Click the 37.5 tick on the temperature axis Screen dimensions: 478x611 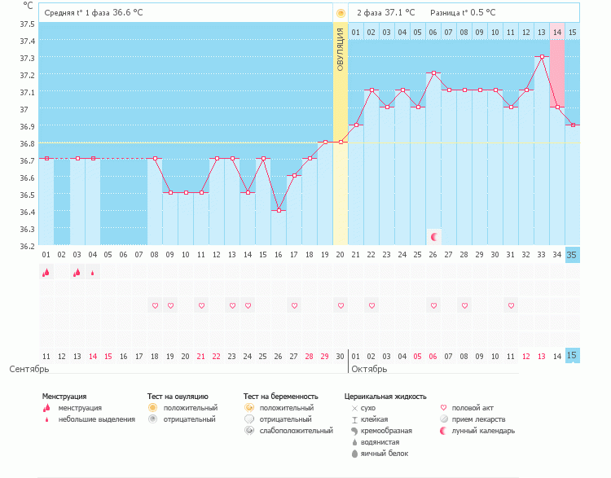[x=28, y=24]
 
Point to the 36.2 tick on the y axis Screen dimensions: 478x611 [x=28, y=246]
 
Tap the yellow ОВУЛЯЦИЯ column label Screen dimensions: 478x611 [x=341, y=49]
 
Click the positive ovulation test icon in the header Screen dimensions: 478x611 [x=341, y=13]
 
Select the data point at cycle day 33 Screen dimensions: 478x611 [x=542, y=56]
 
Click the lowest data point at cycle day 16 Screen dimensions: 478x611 [x=279, y=211]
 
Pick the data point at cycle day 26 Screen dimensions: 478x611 [x=433, y=73]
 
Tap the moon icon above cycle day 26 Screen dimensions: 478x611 [x=434, y=237]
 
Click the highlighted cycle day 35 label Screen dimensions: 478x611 [x=573, y=255]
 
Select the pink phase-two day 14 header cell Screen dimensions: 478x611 [x=557, y=32]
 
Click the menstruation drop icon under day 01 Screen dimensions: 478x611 [x=46, y=273]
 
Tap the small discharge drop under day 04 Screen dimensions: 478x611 [x=93, y=273]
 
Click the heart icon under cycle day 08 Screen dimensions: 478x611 [x=155, y=305]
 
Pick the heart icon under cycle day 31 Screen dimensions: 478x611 [x=511, y=305]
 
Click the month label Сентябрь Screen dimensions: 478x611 [x=24, y=369]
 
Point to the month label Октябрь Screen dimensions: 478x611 [x=368, y=369]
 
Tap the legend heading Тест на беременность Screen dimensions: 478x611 [x=281, y=397]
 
